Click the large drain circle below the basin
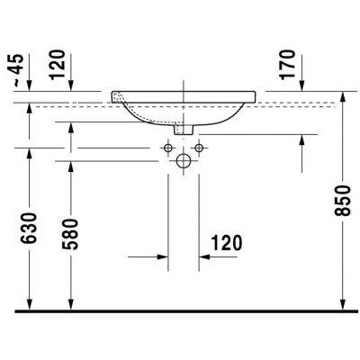(183, 161)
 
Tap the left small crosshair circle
(168, 147)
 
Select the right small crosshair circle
(198, 147)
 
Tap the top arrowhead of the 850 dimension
(343, 95)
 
